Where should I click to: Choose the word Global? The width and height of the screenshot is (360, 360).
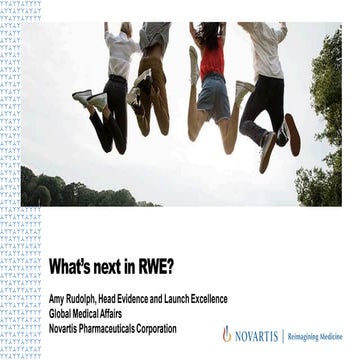point(63,312)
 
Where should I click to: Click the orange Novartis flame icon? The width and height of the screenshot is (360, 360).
point(227,334)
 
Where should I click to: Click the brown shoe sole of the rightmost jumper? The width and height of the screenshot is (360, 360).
point(292,135)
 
